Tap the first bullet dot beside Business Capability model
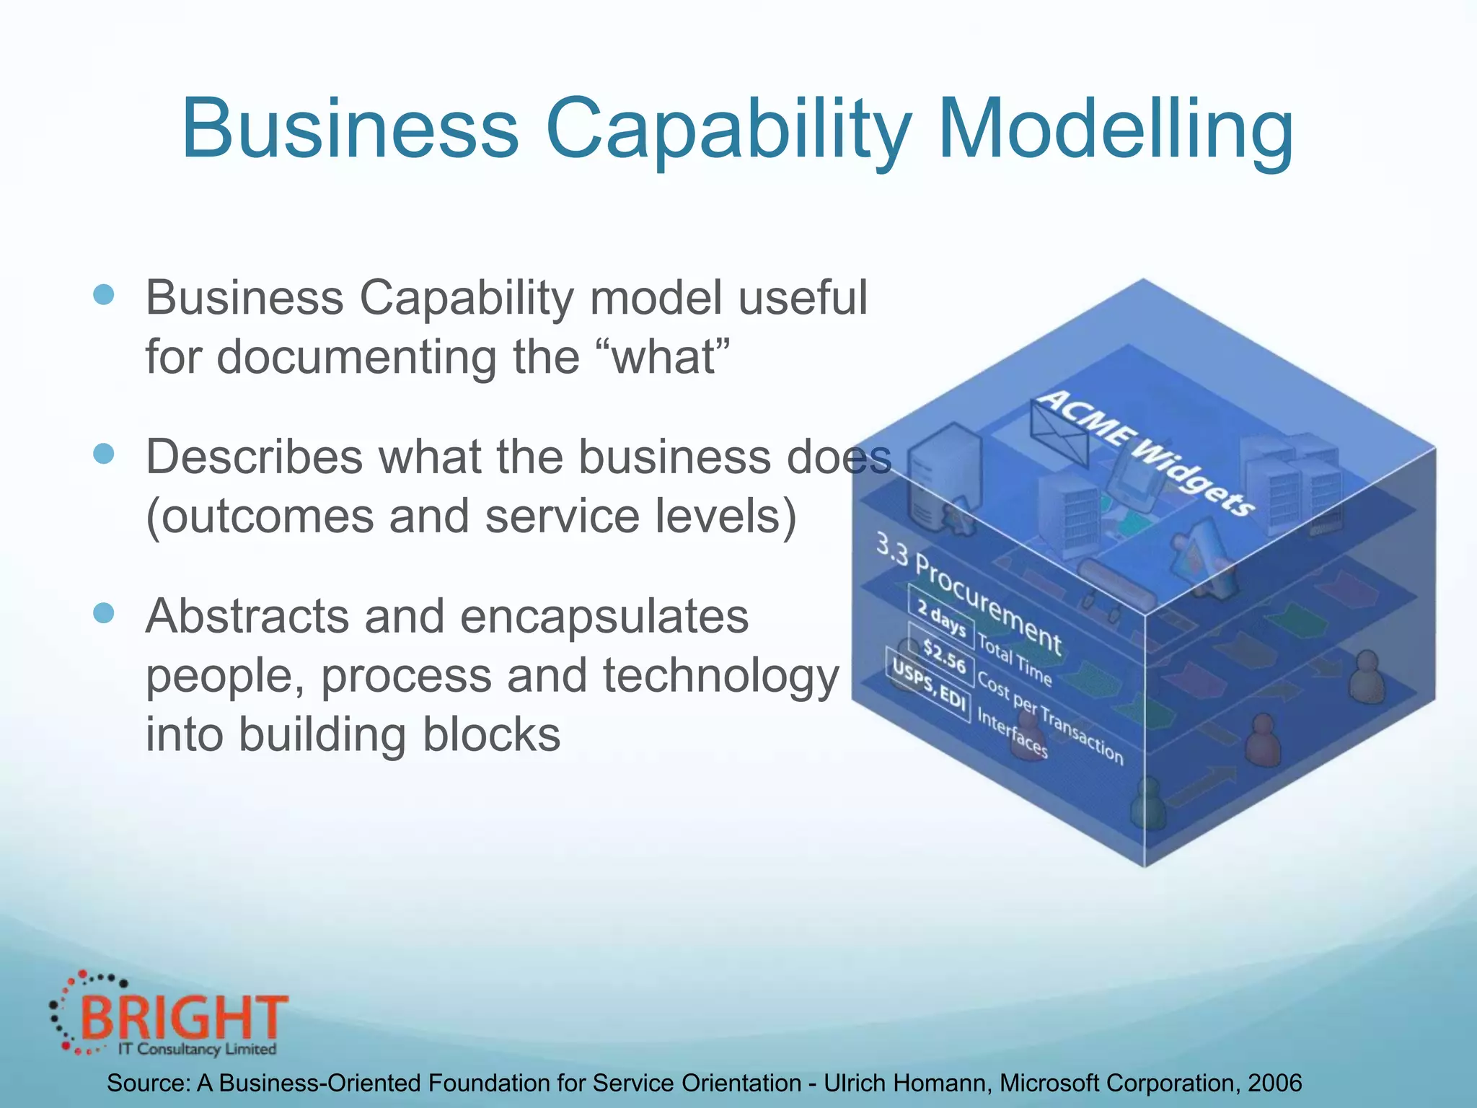click(104, 295)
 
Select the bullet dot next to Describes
click(104, 454)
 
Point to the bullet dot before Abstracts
click(104, 613)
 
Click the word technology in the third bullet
click(721, 676)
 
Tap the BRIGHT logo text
click(184, 1017)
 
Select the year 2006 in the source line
click(1274, 1083)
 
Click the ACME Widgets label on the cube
click(1147, 452)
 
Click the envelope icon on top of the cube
click(1058, 434)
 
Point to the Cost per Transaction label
click(1049, 718)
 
